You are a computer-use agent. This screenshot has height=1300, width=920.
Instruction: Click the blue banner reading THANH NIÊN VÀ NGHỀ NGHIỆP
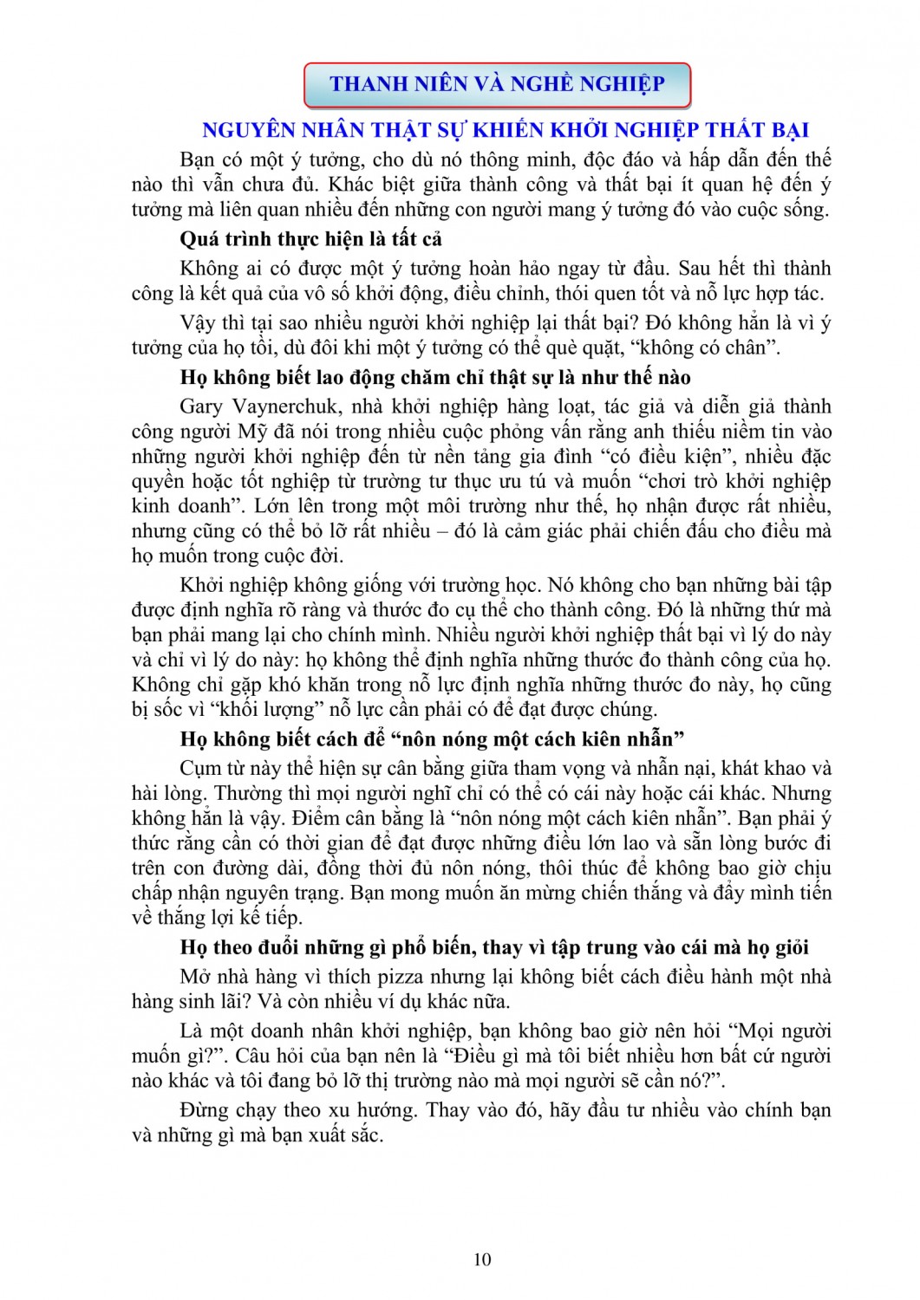[497, 84]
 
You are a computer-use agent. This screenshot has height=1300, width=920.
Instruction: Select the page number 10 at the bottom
[483, 1259]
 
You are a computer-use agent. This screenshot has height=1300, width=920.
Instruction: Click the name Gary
[201, 406]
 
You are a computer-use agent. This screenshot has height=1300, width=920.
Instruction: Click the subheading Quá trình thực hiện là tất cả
[311, 238]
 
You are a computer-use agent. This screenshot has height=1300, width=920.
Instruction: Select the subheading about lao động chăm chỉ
[435, 377]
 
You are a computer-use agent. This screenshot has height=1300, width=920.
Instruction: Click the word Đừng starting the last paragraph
[204, 1110]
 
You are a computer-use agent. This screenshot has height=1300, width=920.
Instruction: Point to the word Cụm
[200, 769]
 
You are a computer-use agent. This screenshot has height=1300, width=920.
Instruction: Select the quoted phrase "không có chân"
[714, 348]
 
